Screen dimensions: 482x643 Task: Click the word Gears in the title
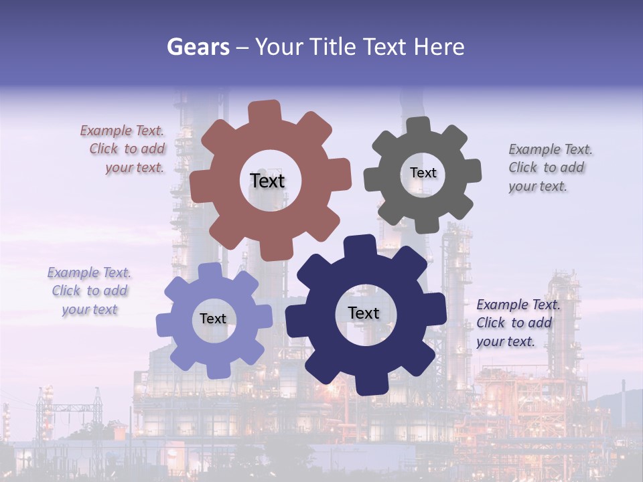[x=198, y=47]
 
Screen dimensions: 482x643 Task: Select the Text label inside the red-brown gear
[x=267, y=181]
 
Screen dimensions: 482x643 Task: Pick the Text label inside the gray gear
[x=423, y=173]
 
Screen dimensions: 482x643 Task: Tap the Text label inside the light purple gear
[x=213, y=319]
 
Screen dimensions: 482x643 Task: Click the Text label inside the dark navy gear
[x=364, y=313]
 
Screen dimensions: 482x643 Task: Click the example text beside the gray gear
[x=550, y=167]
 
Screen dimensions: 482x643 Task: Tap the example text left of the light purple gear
[x=89, y=291]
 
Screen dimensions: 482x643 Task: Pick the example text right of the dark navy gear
[x=517, y=323]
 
